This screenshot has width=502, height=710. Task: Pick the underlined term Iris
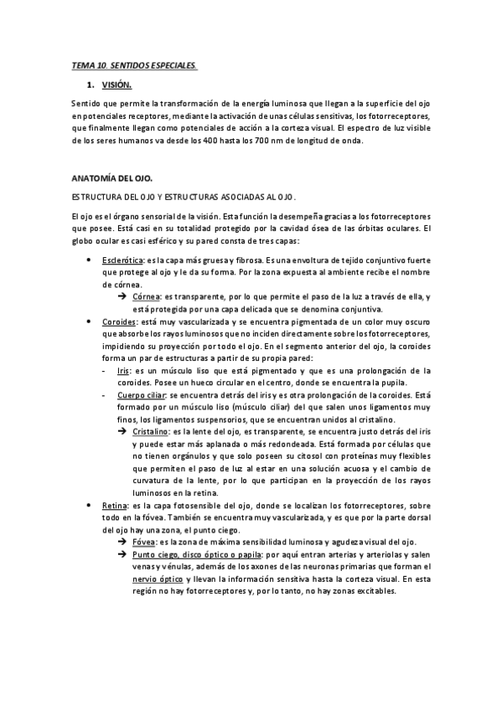[x=123, y=369]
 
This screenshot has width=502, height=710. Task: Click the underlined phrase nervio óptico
[x=158, y=579]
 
